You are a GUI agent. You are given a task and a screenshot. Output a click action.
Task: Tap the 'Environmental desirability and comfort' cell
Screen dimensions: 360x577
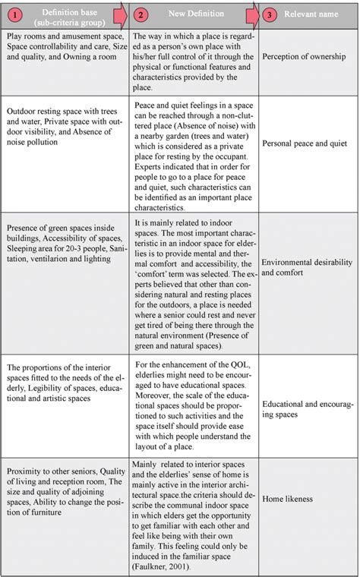(x=307, y=266)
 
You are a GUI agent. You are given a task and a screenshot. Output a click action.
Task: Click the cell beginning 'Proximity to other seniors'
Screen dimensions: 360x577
(x=63, y=497)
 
